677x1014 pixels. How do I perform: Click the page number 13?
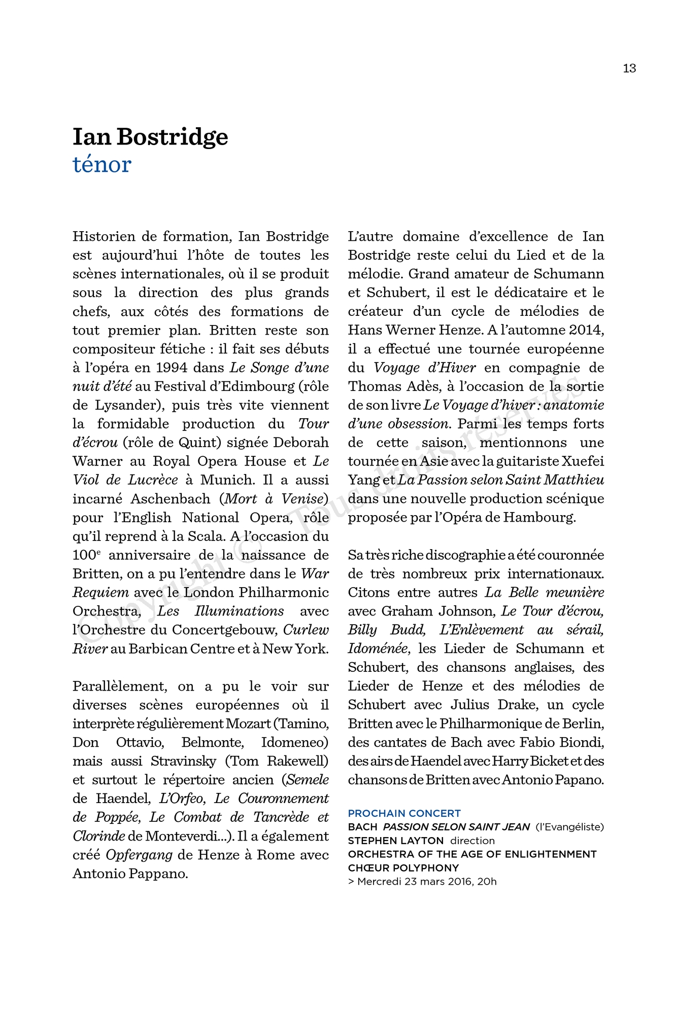pyautogui.click(x=629, y=68)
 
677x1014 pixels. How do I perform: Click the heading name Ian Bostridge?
pyautogui.click(x=150, y=137)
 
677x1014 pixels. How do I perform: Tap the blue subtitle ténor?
pyautogui.click(x=102, y=164)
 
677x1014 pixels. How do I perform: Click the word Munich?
pyautogui.click(x=227, y=480)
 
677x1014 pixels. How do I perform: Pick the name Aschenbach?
pyautogui.click(x=171, y=499)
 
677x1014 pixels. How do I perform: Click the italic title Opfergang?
pyautogui.click(x=139, y=855)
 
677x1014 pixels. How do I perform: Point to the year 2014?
pyautogui.click(x=586, y=330)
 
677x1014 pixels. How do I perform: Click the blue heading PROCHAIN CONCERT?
pyautogui.click(x=404, y=814)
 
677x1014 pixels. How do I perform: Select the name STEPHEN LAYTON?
pyautogui.click(x=396, y=841)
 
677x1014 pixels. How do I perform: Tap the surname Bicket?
pyautogui.click(x=549, y=762)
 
